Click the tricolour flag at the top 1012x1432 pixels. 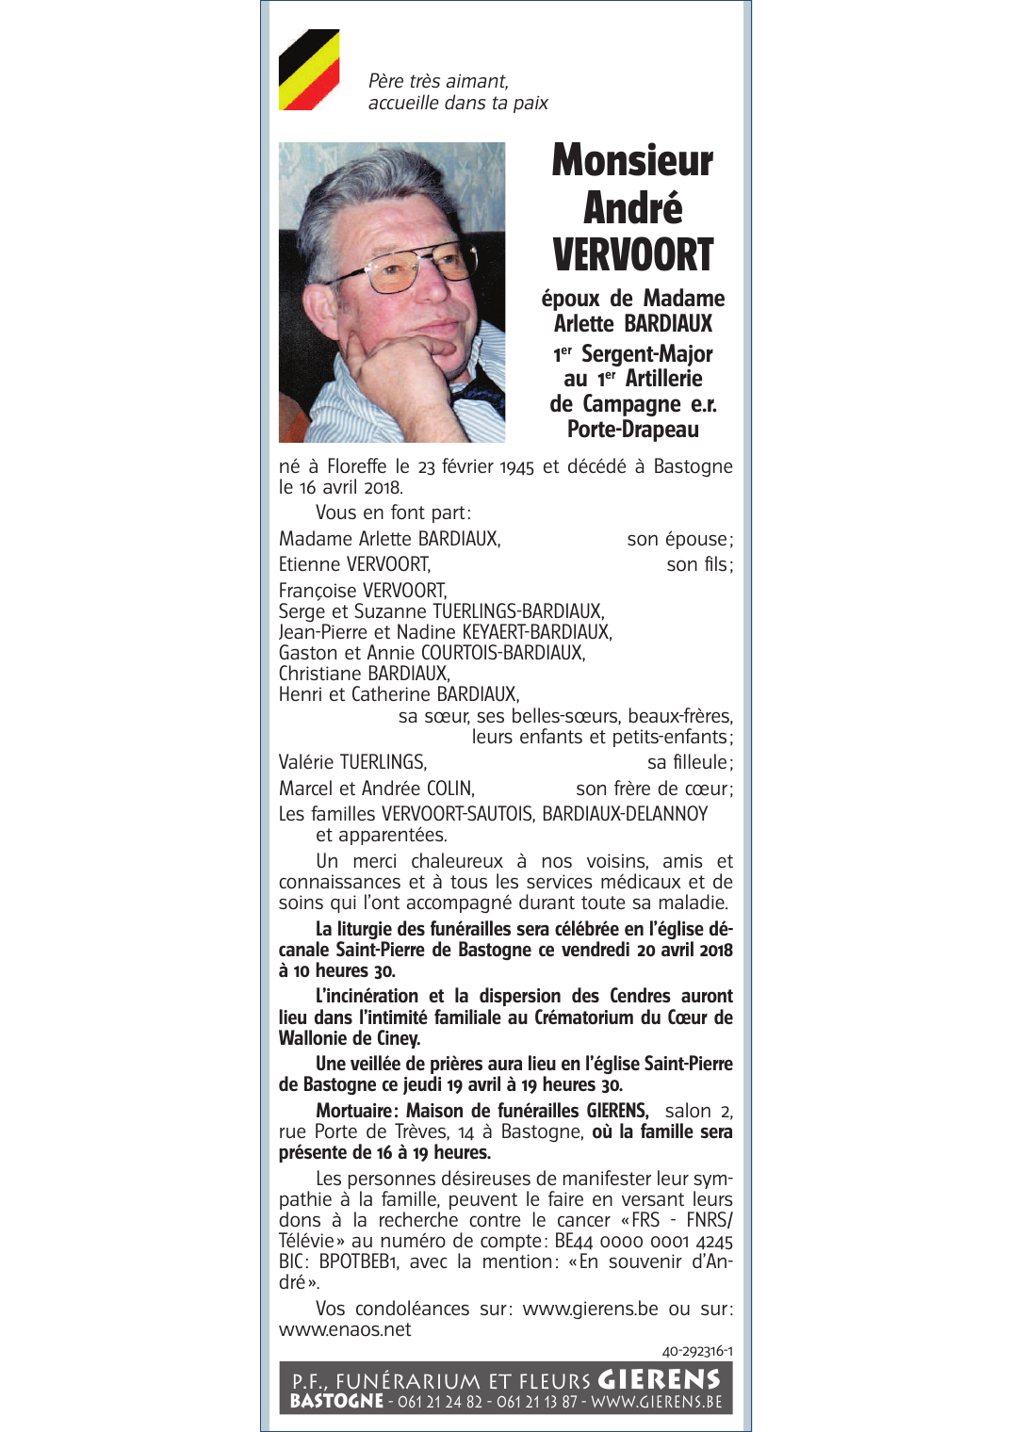(x=309, y=70)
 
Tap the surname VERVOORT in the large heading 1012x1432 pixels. (x=632, y=255)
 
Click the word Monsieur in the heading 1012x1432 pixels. (x=632, y=161)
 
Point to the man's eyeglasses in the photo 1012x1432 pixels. (x=420, y=266)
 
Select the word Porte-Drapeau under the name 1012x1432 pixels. (x=632, y=430)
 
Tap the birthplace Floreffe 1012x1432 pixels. (x=356, y=467)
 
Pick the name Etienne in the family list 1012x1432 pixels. (x=309, y=565)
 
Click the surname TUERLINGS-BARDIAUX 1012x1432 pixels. (x=517, y=611)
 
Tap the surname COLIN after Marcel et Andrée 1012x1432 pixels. (x=449, y=789)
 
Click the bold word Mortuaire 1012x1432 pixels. (x=355, y=1111)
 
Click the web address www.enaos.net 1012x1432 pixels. (x=345, y=1329)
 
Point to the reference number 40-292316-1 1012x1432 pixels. (x=697, y=1351)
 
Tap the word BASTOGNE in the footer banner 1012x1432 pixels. (x=336, y=1401)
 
